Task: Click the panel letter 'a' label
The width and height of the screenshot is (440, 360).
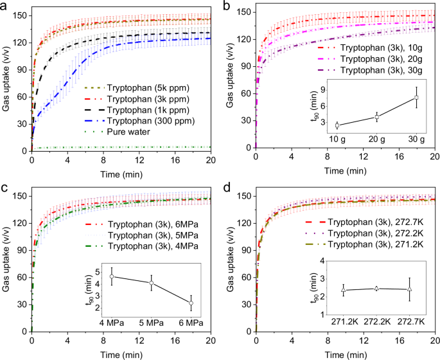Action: coord(5,6)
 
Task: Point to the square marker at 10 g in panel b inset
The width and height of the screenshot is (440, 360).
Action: coord(337,125)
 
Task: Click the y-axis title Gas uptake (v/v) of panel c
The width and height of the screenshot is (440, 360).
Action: coord(6,260)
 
